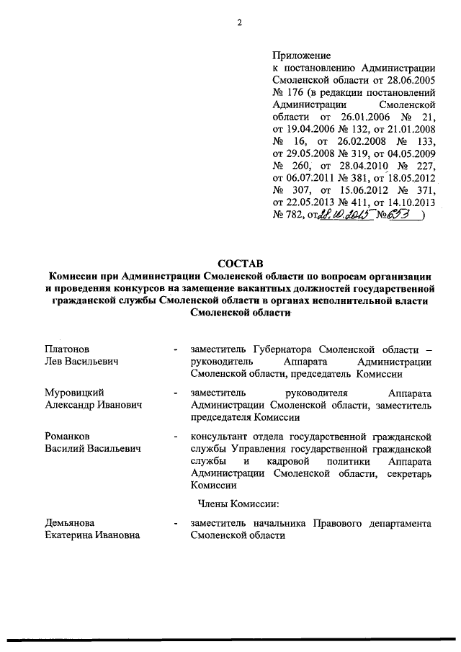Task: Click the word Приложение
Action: click(301, 55)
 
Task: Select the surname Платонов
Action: click(68, 348)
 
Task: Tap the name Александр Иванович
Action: click(92, 405)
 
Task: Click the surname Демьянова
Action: click(70, 522)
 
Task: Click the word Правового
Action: click(339, 522)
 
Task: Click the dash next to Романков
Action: click(176, 437)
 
